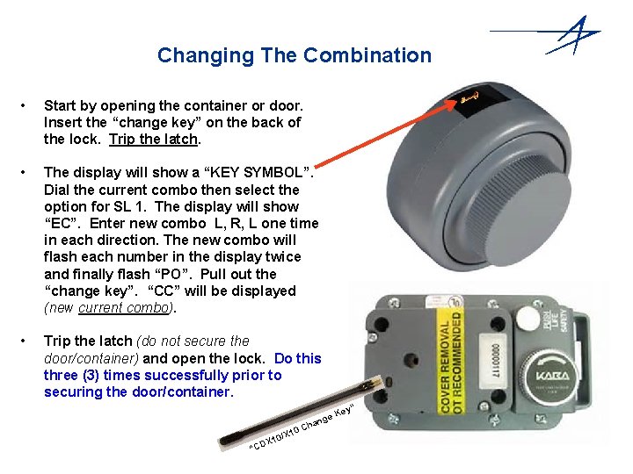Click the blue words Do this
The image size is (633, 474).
(298, 358)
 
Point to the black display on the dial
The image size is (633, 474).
(469, 100)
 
